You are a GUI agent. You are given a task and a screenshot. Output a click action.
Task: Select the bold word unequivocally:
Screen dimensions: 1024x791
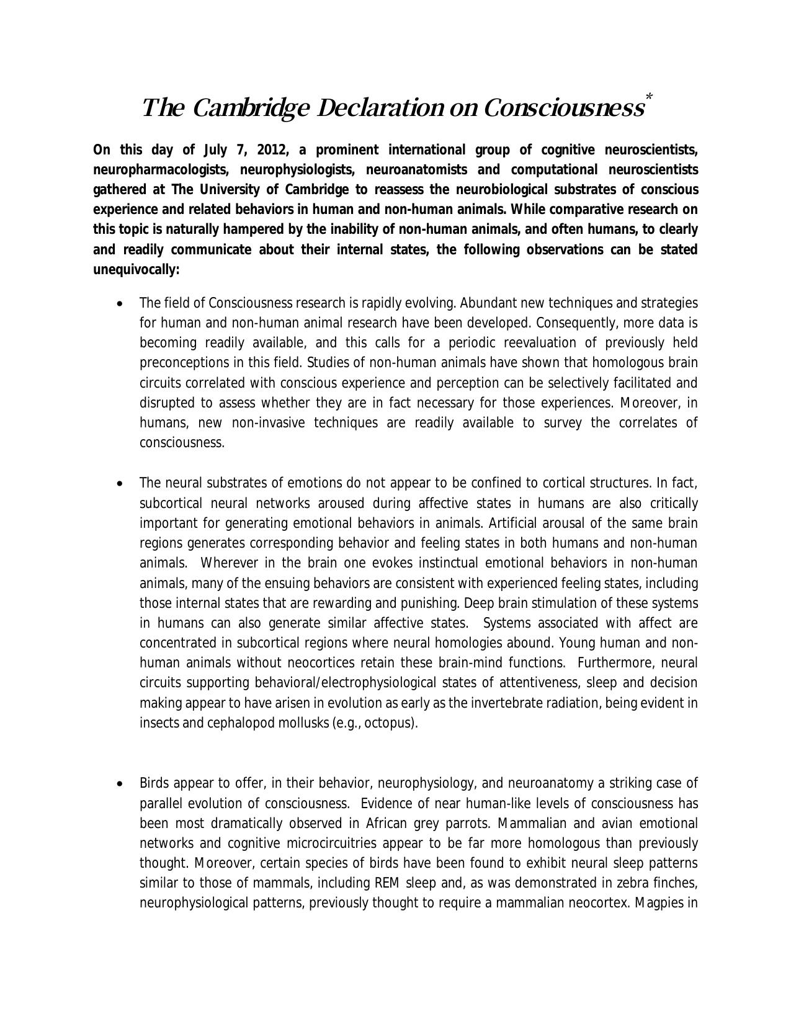(136, 270)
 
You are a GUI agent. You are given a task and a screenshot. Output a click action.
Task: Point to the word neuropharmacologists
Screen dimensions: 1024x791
(162, 170)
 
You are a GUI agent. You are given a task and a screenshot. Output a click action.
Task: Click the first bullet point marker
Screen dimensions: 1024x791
(120, 304)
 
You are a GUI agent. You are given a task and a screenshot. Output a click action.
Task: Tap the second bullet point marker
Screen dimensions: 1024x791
(120, 484)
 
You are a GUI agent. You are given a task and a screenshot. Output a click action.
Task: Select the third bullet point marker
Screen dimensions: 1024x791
(120, 784)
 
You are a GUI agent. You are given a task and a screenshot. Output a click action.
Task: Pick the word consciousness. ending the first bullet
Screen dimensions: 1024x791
(182, 443)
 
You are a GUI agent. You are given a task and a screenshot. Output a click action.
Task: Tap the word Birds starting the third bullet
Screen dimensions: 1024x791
(154, 783)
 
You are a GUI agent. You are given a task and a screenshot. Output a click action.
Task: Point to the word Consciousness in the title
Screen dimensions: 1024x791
(563, 109)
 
